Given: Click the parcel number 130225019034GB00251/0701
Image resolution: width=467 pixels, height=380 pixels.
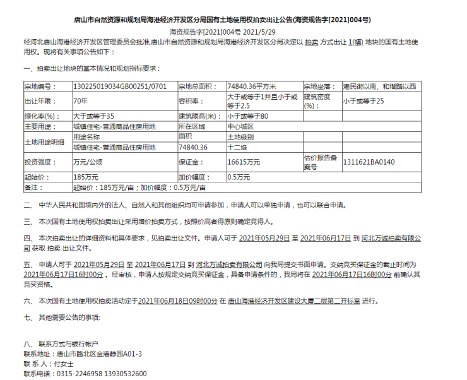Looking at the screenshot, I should [x=120, y=86].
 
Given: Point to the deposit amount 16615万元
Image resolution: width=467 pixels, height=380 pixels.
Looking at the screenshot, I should [x=243, y=162].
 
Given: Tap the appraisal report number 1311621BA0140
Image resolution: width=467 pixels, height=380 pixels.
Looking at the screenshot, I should [x=369, y=162].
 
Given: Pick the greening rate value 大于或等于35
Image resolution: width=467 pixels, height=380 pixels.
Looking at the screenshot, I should [x=93, y=116].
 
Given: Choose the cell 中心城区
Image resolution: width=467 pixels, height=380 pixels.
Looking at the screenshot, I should [x=240, y=126].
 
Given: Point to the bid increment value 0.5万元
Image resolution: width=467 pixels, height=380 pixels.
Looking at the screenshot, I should [x=240, y=177].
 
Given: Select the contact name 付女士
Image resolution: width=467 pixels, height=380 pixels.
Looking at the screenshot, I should [x=64, y=364].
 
